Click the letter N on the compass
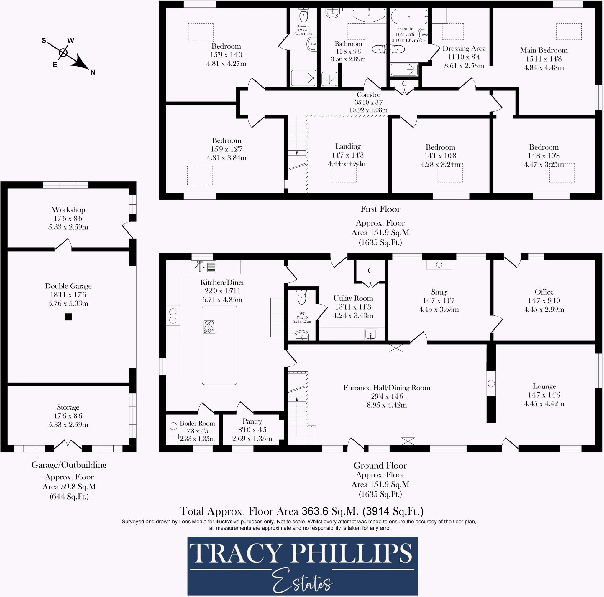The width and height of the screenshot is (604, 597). [93, 72]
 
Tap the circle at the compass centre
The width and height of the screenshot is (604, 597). [63, 53]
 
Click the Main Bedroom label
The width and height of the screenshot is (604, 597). [544, 50]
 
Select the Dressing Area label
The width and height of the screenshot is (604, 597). [464, 49]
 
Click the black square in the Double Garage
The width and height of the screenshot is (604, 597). [68, 317]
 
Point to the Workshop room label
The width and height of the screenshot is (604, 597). [68, 210]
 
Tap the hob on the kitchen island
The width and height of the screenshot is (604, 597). [209, 326]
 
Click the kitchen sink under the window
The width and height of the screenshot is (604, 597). [203, 267]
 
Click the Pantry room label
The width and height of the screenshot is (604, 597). [252, 421]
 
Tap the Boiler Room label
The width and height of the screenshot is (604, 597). [197, 424]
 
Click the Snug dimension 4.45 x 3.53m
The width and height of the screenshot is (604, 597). [439, 310]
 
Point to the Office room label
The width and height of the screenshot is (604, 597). [544, 292]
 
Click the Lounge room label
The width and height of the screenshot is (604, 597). [544, 386]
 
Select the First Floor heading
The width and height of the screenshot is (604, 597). [380, 209]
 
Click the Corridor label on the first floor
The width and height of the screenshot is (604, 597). [368, 95]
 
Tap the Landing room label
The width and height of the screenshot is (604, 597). [348, 146]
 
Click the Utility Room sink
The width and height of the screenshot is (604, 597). [370, 334]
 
